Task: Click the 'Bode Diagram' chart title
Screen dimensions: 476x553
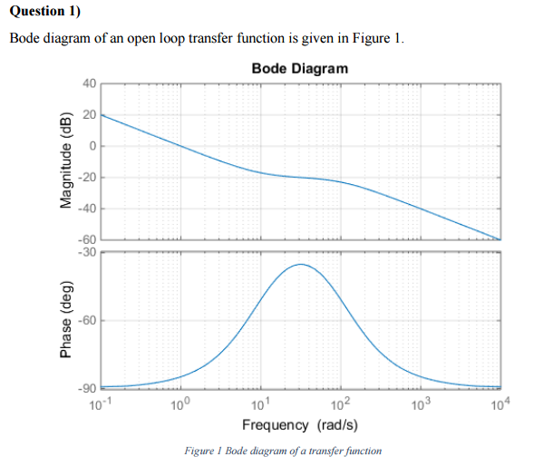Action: coord(299,69)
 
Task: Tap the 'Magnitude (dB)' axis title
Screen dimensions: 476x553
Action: coord(64,162)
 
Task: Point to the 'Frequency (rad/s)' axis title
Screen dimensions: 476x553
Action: coord(299,424)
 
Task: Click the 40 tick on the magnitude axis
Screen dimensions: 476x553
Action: coord(88,84)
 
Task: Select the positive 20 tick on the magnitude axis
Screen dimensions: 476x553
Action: coord(88,115)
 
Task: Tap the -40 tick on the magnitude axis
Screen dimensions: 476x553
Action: coord(86,209)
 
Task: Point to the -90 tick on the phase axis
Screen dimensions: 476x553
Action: coord(86,390)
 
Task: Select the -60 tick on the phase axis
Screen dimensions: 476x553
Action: coord(86,321)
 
